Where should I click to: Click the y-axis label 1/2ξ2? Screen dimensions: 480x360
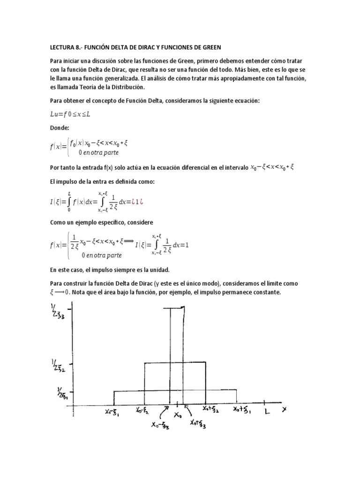(x=60, y=365)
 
